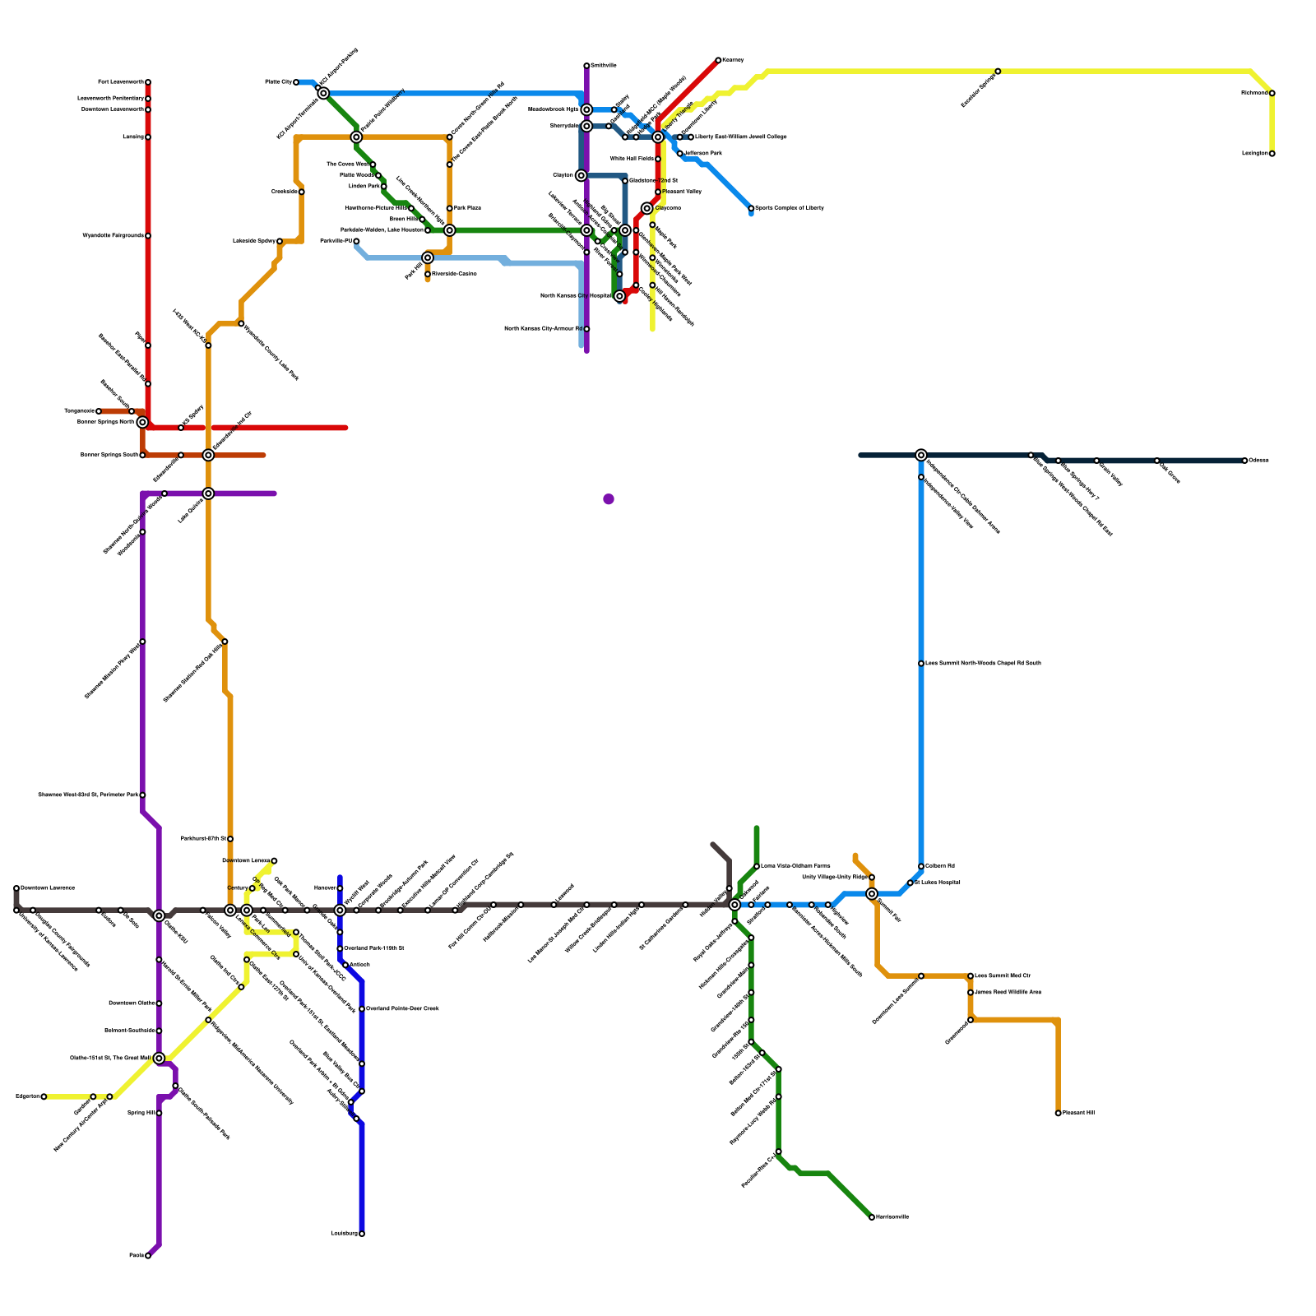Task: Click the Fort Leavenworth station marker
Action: [x=148, y=82]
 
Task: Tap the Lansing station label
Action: [x=133, y=137]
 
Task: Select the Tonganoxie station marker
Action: [x=99, y=411]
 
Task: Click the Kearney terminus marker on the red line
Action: [x=718, y=60]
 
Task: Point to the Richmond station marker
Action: [x=1272, y=93]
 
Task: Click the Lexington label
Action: [x=1255, y=154]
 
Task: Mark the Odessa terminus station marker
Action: [x=1245, y=461]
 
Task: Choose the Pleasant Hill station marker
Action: [x=1059, y=1113]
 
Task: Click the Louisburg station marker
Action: [x=362, y=1234]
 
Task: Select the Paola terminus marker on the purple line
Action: [x=148, y=1256]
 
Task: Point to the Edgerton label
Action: [x=27, y=1096]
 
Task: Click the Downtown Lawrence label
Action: [x=48, y=888]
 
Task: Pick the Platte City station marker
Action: [x=296, y=82]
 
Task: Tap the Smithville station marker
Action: [x=586, y=66]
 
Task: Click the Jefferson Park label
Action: [x=703, y=154]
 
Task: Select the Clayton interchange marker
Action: [x=582, y=175]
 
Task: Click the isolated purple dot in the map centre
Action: [x=609, y=499]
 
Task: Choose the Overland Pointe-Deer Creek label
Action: [x=402, y=1009]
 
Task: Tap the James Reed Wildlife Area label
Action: [x=1008, y=993]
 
